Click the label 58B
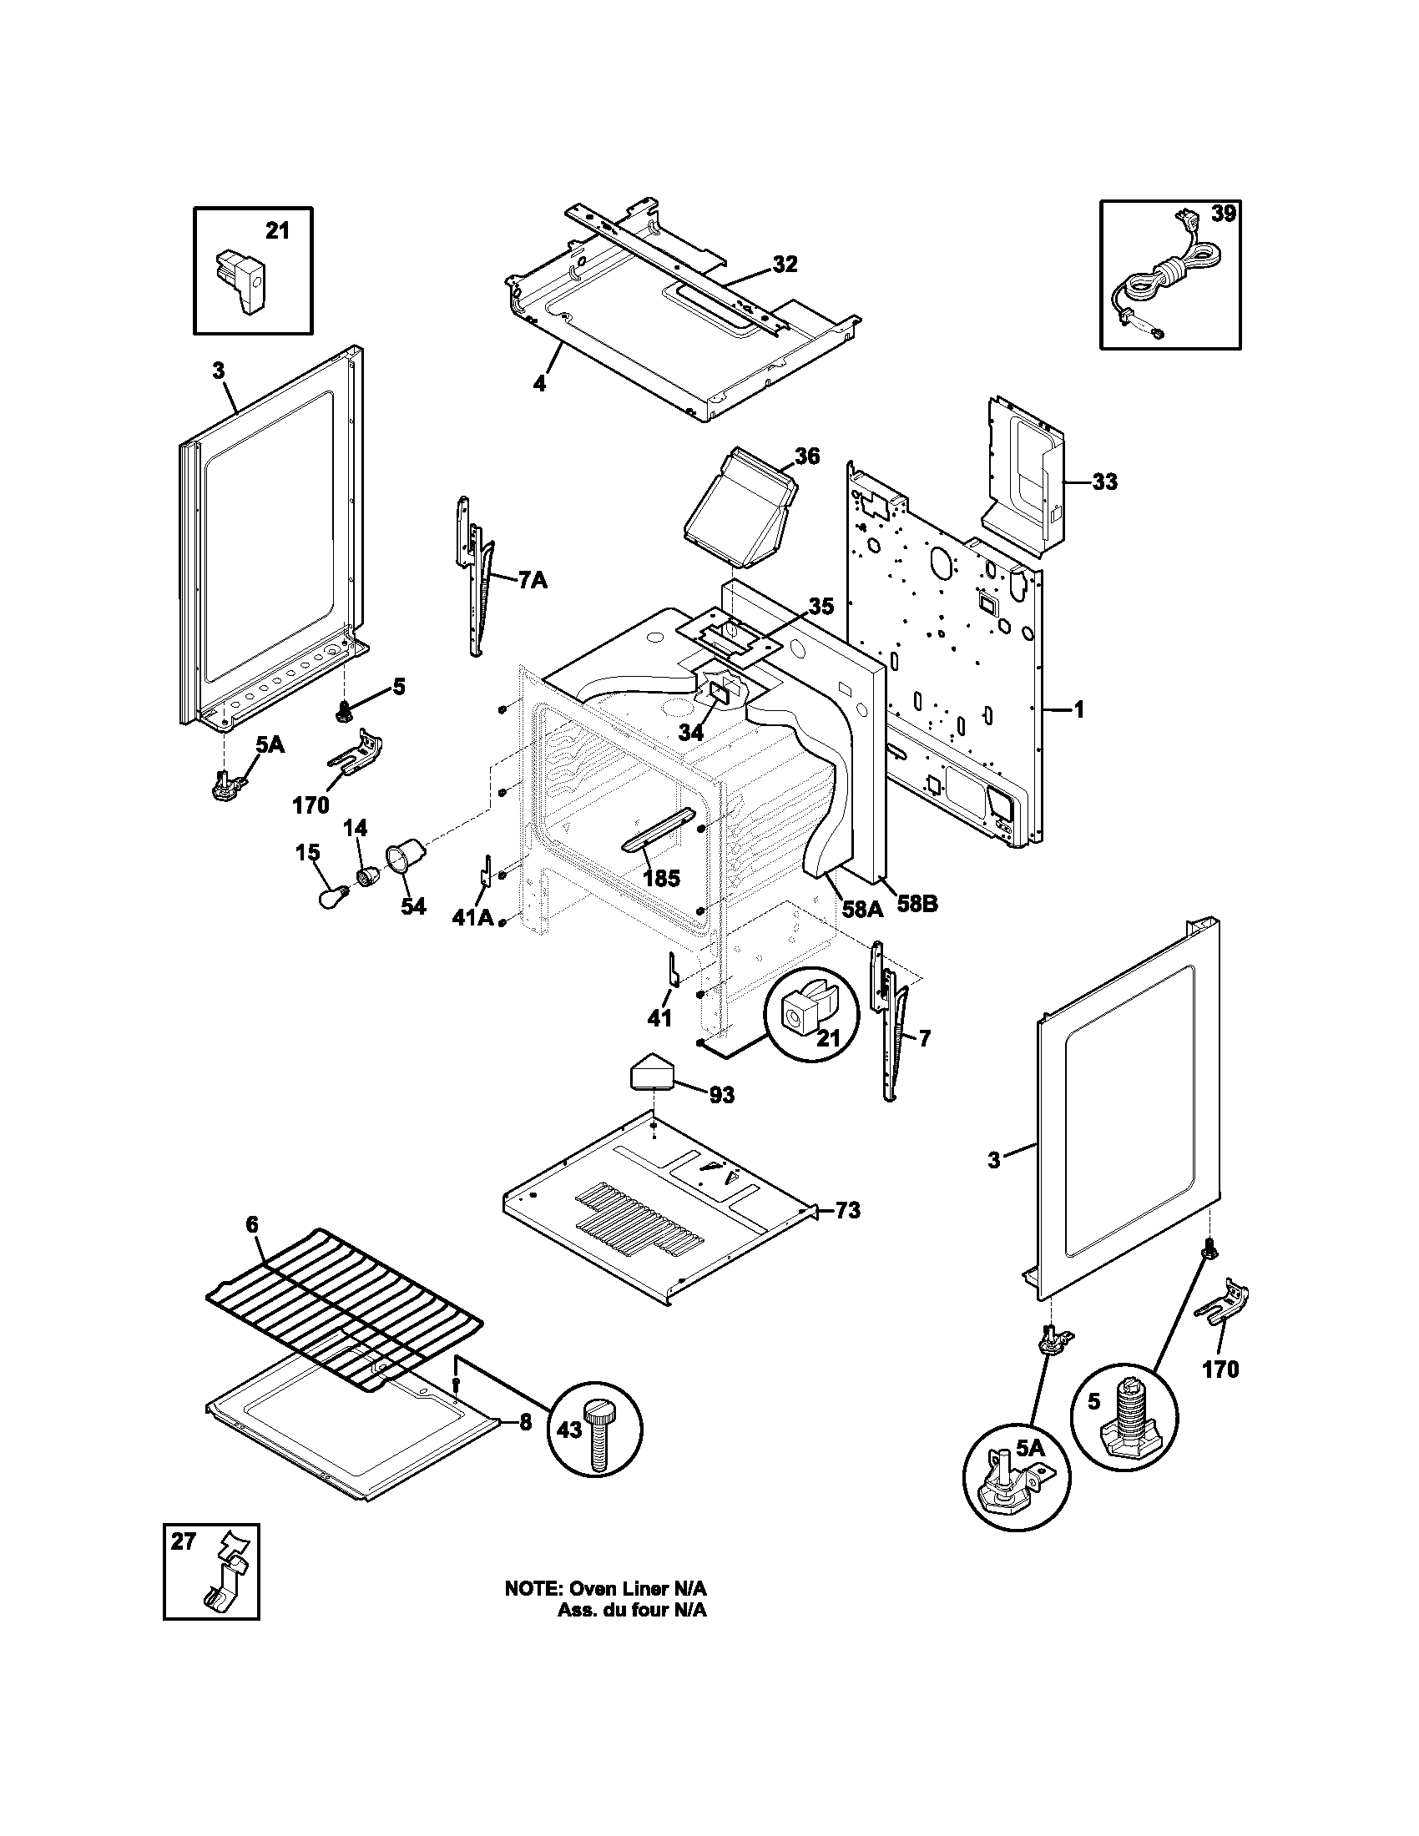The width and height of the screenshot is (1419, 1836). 917,905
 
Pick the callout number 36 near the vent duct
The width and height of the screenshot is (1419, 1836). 807,456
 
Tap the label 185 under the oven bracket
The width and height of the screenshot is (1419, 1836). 661,879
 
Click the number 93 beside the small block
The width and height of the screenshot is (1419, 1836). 721,1095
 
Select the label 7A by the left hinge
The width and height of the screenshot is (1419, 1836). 533,580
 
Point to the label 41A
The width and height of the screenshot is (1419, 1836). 472,917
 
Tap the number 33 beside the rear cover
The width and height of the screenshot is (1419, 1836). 1105,482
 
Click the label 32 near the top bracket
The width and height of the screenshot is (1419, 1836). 785,264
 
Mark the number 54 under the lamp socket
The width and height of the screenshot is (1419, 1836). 412,907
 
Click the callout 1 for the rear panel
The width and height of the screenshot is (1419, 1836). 1079,710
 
